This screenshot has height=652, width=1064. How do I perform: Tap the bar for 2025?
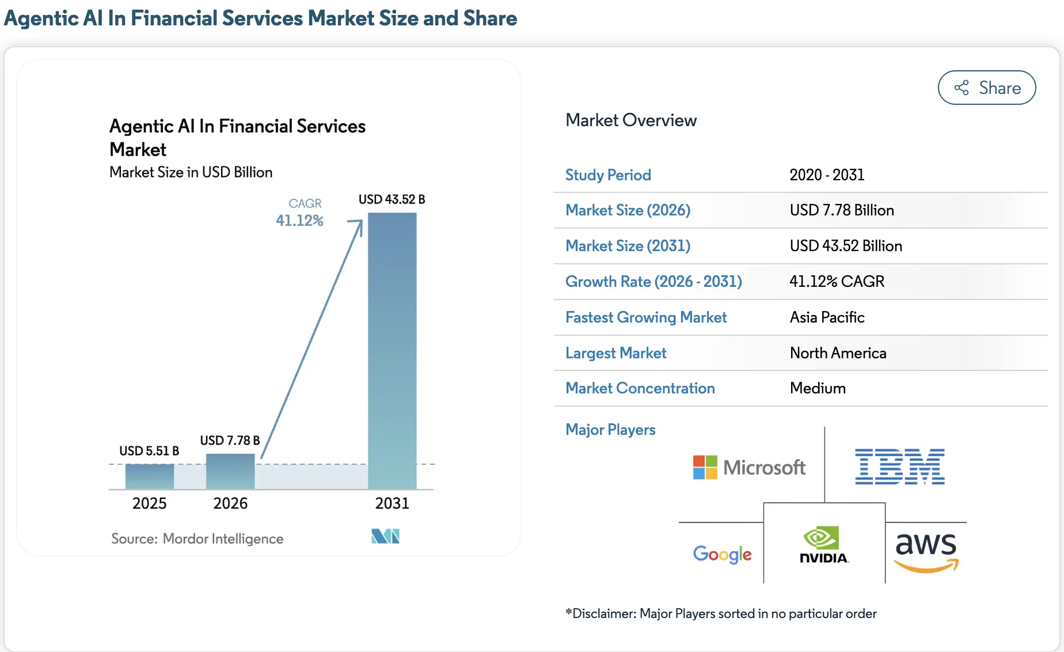coord(150,476)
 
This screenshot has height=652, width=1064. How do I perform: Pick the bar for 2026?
coord(230,471)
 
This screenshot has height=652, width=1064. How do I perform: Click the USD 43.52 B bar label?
coord(392,199)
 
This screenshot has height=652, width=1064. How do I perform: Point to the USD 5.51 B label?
coord(149,450)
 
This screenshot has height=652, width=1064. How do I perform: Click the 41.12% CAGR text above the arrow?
coord(299,220)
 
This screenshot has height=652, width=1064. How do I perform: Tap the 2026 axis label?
coord(230,503)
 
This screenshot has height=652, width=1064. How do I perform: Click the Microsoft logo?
coord(749,467)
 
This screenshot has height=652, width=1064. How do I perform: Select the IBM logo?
coord(899,467)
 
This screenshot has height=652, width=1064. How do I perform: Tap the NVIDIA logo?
coord(824,544)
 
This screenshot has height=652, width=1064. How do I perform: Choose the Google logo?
coord(722,554)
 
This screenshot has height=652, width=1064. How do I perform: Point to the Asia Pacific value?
coord(827,317)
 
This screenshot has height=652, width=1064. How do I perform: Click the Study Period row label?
coord(608,175)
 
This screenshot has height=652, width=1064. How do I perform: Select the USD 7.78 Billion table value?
coord(841,210)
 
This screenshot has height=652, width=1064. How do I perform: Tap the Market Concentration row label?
coord(640,388)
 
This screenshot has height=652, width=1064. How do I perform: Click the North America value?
coord(838,353)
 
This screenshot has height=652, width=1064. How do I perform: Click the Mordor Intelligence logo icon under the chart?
coord(385,536)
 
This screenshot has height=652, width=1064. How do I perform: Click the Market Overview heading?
coord(630,120)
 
